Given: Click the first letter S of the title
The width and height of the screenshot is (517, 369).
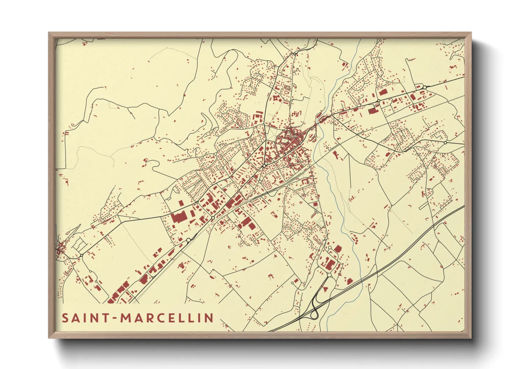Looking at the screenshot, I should click(65, 318).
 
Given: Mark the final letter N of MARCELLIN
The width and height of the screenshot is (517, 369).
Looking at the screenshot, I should click(209, 318).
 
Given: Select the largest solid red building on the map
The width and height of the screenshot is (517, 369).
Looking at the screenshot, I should click(179, 218).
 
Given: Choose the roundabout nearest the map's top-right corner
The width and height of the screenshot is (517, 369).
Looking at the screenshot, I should click(425, 87).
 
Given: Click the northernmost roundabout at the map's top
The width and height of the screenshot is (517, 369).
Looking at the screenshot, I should click(295, 54).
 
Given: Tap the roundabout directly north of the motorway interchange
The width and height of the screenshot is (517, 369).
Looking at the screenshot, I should click(329, 275).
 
